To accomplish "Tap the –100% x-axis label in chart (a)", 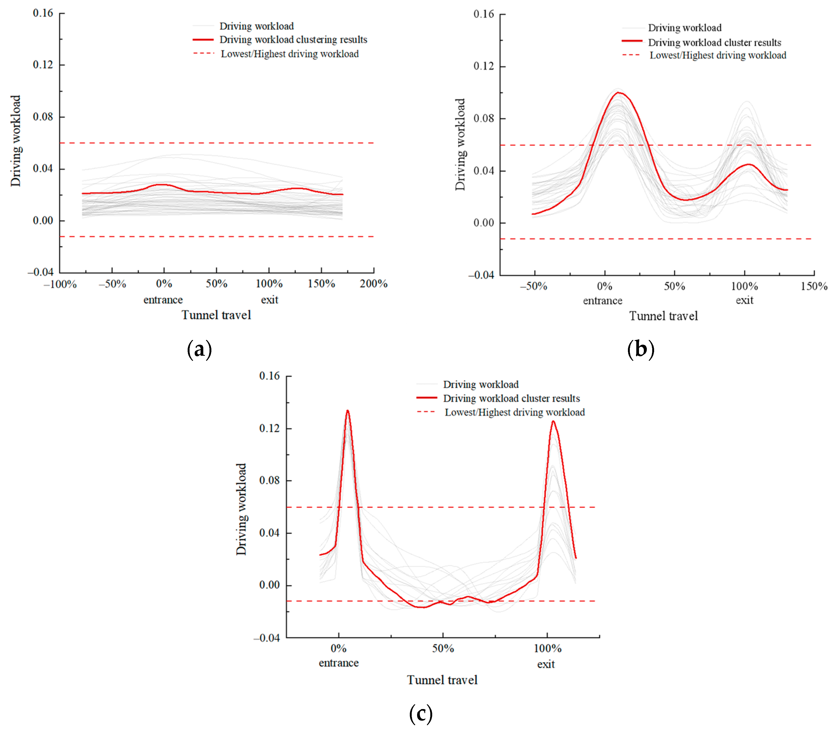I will tap(60, 284).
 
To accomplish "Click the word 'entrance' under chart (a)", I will tap(163, 300).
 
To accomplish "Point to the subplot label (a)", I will tap(199, 349).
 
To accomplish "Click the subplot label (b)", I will tap(641, 349).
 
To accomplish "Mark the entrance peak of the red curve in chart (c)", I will tap(347, 410).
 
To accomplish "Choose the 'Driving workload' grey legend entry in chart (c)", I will tap(480, 384).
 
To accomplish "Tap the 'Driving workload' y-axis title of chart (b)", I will tap(460, 144).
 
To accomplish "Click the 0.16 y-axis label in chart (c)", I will tap(269, 376).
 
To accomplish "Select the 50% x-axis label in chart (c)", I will tap(443, 648).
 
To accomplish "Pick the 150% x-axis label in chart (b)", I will tap(814, 286).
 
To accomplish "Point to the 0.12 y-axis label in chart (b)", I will tap(484, 66).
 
